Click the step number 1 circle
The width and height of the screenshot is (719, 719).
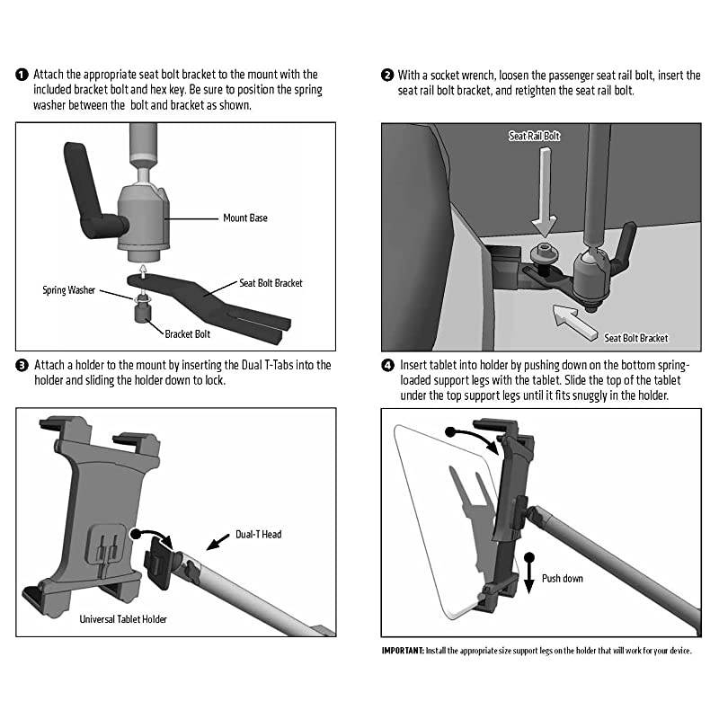pyautogui.click(x=22, y=75)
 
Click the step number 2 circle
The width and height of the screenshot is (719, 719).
pyautogui.click(x=387, y=75)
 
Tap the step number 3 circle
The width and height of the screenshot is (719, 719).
pyautogui.click(x=22, y=366)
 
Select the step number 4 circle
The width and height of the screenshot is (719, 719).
pyautogui.click(x=387, y=366)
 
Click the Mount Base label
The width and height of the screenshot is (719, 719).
pyautogui.click(x=244, y=217)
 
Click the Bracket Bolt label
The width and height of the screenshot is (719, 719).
pyautogui.click(x=189, y=333)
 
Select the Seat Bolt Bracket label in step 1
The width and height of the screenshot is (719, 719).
pyautogui.click(x=271, y=283)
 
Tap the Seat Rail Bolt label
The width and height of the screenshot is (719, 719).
pyautogui.click(x=534, y=136)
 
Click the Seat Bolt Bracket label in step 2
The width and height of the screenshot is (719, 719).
pyautogui.click(x=636, y=338)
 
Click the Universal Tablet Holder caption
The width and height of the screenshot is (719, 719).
pyautogui.click(x=122, y=619)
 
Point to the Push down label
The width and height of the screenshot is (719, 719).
pyautogui.click(x=562, y=578)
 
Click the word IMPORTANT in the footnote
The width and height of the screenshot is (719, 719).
pyautogui.click(x=402, y=650)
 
